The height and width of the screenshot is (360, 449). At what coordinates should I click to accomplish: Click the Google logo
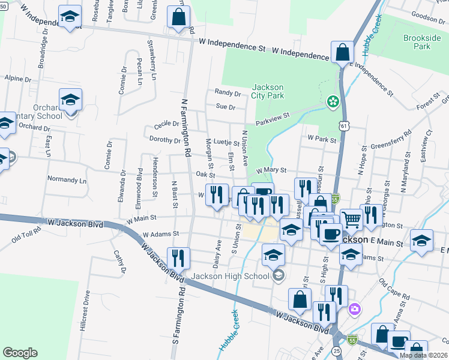20,353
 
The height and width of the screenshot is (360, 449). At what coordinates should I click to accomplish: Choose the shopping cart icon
351,219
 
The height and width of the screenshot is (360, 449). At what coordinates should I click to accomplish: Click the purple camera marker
355,309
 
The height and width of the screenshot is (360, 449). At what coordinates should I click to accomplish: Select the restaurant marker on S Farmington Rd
178,258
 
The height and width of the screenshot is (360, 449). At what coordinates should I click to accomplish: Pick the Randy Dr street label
228,93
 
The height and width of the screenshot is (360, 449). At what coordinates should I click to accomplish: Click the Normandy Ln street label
67,180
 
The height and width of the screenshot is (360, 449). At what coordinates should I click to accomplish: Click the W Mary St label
272,170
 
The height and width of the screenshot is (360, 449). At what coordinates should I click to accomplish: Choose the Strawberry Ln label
152,61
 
